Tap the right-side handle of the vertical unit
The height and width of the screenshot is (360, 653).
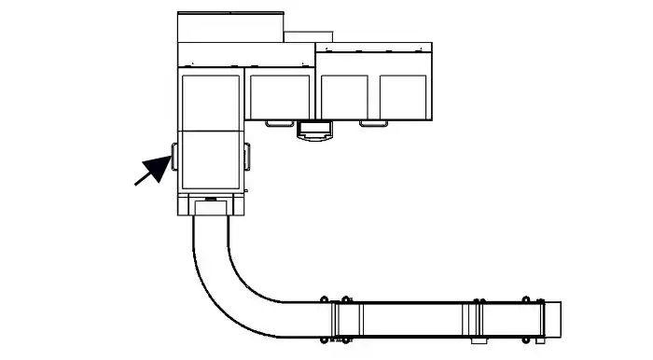[x=248, y=157]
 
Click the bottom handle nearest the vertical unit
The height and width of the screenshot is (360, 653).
[x=278, y=122]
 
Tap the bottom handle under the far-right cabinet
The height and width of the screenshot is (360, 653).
[x=373, y=122]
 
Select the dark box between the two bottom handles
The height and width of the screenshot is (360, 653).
[x=314, y=130]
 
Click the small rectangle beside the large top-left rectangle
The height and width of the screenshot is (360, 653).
[x=299, y=37]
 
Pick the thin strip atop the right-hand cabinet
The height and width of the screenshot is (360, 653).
[x=373, y=46]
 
